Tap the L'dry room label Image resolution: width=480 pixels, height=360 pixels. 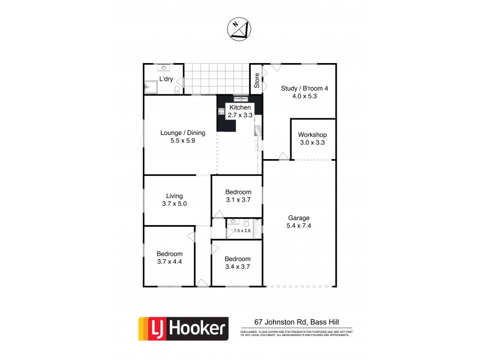[166, 80]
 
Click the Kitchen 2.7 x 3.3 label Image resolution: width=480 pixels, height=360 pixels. [240, 111]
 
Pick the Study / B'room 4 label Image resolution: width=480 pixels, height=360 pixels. [305, 92]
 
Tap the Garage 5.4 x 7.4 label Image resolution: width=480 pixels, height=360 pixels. [298, 222]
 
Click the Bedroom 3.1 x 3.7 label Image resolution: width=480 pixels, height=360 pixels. [238, 196]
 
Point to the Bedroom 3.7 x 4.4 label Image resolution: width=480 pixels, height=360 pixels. [169, 257]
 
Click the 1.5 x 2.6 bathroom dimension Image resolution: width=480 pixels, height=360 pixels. [242, 230]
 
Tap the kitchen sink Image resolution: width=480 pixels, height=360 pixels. [241, 98]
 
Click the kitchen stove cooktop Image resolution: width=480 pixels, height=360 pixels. [221, 111]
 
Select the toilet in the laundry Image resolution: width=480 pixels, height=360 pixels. [177, 89]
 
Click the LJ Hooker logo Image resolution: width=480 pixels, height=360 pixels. [184, 328]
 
